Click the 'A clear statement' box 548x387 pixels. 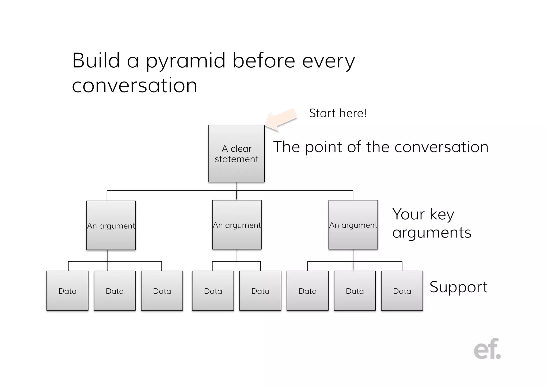tap(237, 154)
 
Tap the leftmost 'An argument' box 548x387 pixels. tap(111, 225)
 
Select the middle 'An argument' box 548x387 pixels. tap(237, 225)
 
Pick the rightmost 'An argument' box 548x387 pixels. tap(353, 225)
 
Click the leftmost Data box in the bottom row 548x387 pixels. tap(67, 291)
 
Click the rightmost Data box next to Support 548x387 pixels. tap(402, 291)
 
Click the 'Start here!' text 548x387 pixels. tap(338, 113)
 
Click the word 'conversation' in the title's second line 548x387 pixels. tap(135, 86)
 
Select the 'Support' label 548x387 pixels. tap(458, 287)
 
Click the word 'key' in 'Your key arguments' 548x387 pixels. tap(442, 214)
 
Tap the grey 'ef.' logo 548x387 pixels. tap(487, 349)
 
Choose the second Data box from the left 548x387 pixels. tap(115, 291)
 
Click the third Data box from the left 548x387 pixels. tap(162, 291)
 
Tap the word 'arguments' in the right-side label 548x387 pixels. tap(432, 233)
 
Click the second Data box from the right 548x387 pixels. tap(355, 291)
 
